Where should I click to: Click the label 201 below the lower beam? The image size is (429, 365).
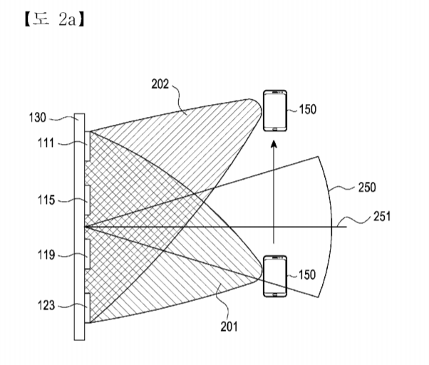tap(229, 327)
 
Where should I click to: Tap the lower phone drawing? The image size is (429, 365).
tap(274, 276)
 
